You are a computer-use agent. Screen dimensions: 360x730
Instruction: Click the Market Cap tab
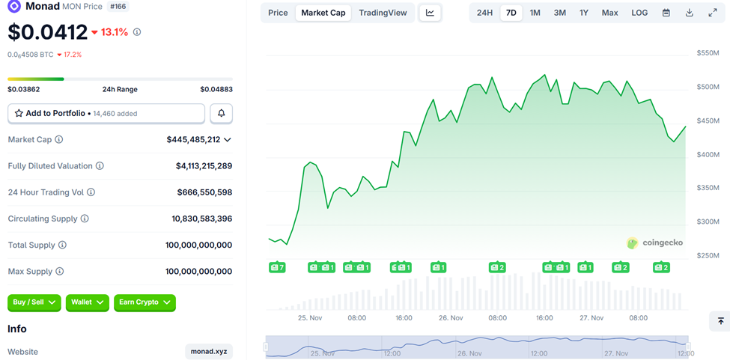click(x=323, y=13)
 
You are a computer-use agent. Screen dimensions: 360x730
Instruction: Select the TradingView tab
click(x=383, y=13)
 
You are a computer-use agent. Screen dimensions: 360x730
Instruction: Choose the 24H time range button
click(x=484, y=13)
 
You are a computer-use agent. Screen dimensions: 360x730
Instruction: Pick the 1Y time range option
click(x=584, y=13)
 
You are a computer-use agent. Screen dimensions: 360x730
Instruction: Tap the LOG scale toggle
click(x=639, y=13)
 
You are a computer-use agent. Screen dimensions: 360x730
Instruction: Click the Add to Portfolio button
click(x=106, y=113)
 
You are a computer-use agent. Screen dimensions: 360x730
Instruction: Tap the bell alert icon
click(x=222, y=113)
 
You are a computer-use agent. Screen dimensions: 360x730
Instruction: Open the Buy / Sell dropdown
click(x=35, y=302)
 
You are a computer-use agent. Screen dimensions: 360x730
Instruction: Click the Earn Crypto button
click(x=145, y=302)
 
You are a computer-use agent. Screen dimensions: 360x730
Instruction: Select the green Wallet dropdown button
click(x=88, y=302)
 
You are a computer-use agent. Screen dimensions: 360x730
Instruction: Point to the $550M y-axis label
click(x=708, y=53)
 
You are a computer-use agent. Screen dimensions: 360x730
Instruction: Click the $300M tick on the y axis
click(x=708, y=222)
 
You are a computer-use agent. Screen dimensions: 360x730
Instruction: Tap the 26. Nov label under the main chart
click(x=451, y=318)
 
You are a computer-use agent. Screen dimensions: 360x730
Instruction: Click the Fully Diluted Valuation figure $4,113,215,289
click(x=204, y=166)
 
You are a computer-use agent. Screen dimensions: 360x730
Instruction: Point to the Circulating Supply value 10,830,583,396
click(x=201, y=219)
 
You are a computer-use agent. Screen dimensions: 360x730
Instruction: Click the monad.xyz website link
click(x=209, y=352)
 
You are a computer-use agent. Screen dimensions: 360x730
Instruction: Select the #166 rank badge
click(x=118, y=6)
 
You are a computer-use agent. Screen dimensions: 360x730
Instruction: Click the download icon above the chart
click(x=689, y=13)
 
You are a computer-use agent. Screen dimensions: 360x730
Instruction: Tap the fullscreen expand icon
click(x=712, y=13)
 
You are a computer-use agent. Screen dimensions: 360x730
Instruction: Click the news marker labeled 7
click(x=277, y=267)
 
